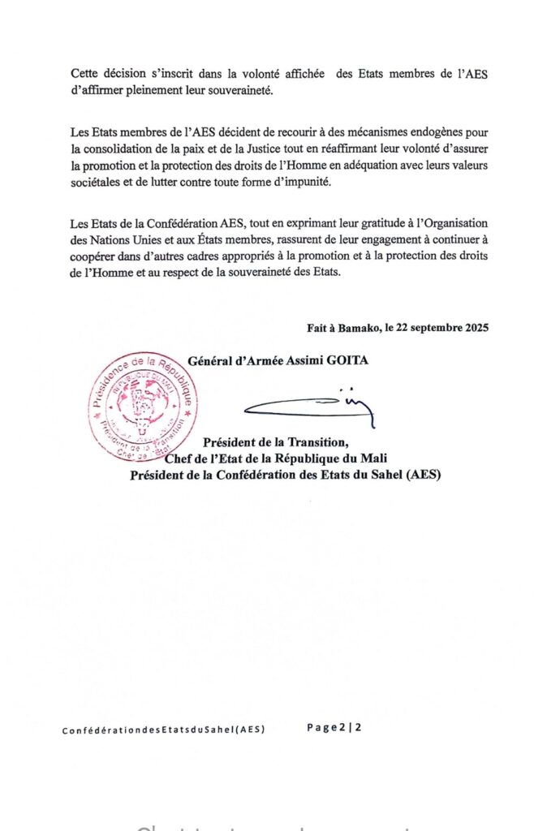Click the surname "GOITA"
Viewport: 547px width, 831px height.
click(347, 360)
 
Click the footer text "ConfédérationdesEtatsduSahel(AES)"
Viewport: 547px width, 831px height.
click(163, 730)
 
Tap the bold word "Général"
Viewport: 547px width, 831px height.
click(210, 360)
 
